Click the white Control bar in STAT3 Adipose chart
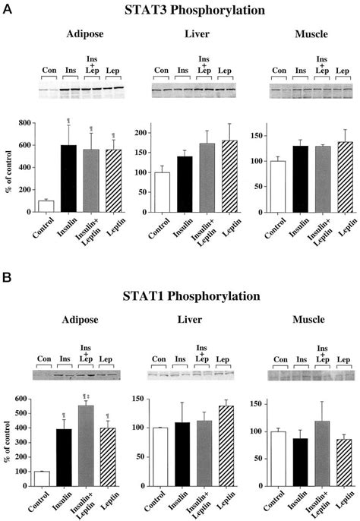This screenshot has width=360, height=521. pyautogui.click(x=45, y=206)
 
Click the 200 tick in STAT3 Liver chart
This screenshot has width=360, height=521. pyautogui.click(x=140, y=133)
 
